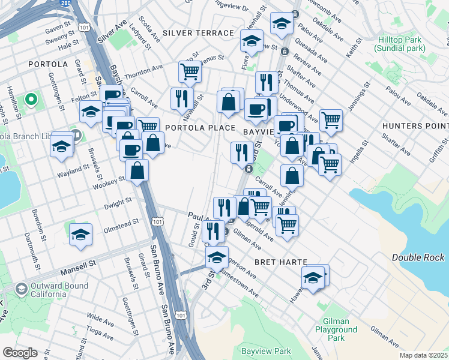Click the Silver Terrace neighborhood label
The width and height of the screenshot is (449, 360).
coord(197,32)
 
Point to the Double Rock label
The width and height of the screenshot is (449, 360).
coord(418,257)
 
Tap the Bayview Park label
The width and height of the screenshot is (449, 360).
coord(265,350)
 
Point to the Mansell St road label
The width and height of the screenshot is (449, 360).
coord(76,263)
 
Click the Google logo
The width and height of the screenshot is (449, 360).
coord(20,353)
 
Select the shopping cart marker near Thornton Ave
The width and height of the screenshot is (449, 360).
coord(190,73)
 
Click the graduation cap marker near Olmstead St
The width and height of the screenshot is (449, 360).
coord(80,235)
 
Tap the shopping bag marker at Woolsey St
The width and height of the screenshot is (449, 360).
coord(137,170)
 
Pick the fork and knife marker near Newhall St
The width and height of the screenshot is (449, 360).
coord(181,98)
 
